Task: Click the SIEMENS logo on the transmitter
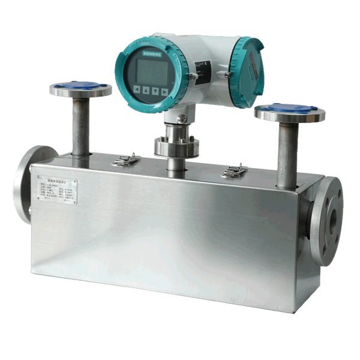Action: (148, 55)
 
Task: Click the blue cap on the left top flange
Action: (80, 86)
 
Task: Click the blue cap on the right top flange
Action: (289, 109)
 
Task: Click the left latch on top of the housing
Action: (125, 160)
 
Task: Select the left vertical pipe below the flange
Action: (81, 126)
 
